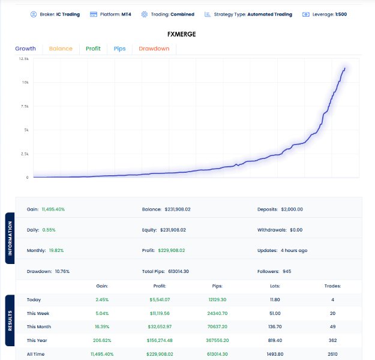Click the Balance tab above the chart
pyautogui.click(x=61, y=49)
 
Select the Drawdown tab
pyautogui.click(x=154, y=49)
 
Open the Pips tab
pyautogui.click(x=119, y=49)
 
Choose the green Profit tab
pyautogui.click(x=93, y=49)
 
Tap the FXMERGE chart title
pyautogui.click(x=182, y=34)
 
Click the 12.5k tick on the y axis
pyautogui.click(x=24, y=59)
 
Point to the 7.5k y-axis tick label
pyautogui.click(x=25, y=106)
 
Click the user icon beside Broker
pyautogui.click(x=34, y=14)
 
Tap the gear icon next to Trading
pyautogui.click(x=145, y=14)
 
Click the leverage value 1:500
pyautogui.click(x=341, y=14)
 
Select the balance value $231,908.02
pyautogui.click(x=178, y=209)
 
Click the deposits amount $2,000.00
pyautogui.click(x=292, y=209)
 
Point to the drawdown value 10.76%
pyautogui.click(x=62, y=271)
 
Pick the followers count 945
pyautogui.click(x=287, y=271)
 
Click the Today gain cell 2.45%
pyautogui.click(x=102, y=300)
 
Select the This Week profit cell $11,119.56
pyautogui.click(x=160, y=313)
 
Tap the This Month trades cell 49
pyautogui.click(x=332, y=327)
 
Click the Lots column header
pyautogui.click(x=275, y=286)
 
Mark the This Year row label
pyautogui.click(x=37, y=340)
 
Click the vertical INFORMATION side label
pyautogui.click(x=10, y=238)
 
